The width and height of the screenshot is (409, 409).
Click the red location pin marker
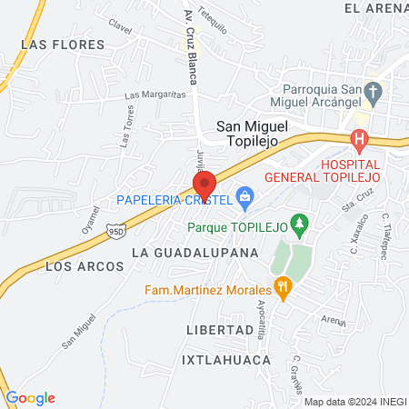[204, 182]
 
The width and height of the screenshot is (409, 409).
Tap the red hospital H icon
[359, 141]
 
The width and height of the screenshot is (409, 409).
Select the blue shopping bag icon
[244, 195]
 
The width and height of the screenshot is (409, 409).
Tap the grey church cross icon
[372, 91]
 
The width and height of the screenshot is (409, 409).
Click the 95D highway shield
[115, 232]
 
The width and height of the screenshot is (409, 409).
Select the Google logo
[30, 398]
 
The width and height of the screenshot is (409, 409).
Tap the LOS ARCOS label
[75, 267]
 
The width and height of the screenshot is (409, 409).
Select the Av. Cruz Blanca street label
[190, 46]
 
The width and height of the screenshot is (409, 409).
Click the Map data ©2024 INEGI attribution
[354, 401]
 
